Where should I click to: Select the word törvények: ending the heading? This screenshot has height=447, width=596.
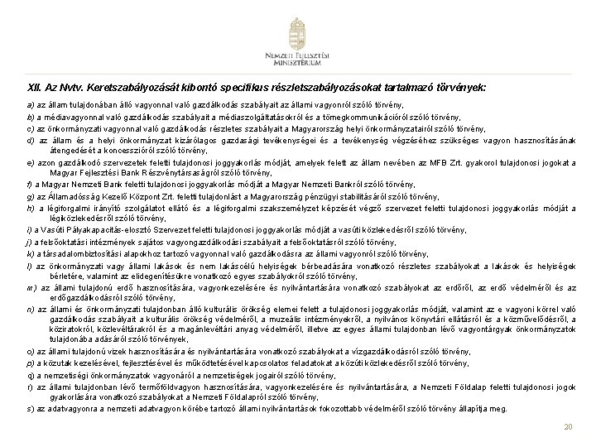(x=460, y=86)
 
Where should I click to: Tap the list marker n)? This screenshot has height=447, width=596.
(x=30, y=310)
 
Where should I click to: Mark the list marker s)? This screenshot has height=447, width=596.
(x=30, y=407)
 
